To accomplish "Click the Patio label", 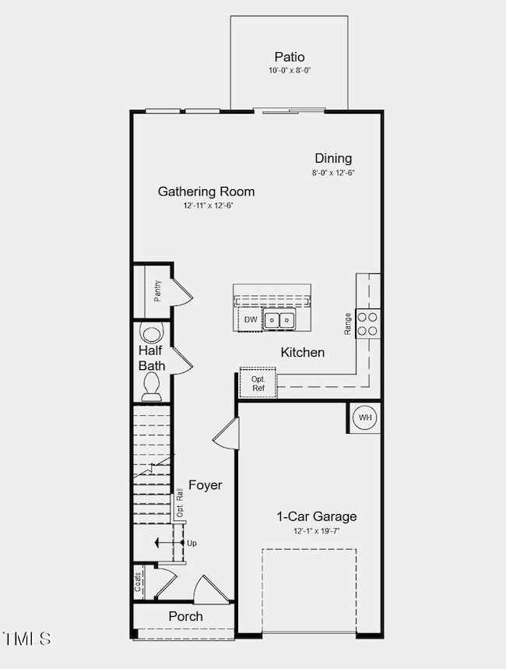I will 289,57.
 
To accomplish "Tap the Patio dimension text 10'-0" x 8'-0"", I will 289,71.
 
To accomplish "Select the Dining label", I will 333,158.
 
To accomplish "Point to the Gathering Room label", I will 206,192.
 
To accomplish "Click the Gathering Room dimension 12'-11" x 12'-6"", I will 208,206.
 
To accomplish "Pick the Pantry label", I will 158,290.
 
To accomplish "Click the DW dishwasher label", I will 251,319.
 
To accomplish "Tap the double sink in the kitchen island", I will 279,319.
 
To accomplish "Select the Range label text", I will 348,324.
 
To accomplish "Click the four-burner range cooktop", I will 368,323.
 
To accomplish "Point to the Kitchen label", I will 303,353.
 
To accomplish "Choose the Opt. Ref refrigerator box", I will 258,382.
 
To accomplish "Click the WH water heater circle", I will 364,417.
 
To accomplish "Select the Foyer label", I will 206,485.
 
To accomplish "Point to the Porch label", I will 185,617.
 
